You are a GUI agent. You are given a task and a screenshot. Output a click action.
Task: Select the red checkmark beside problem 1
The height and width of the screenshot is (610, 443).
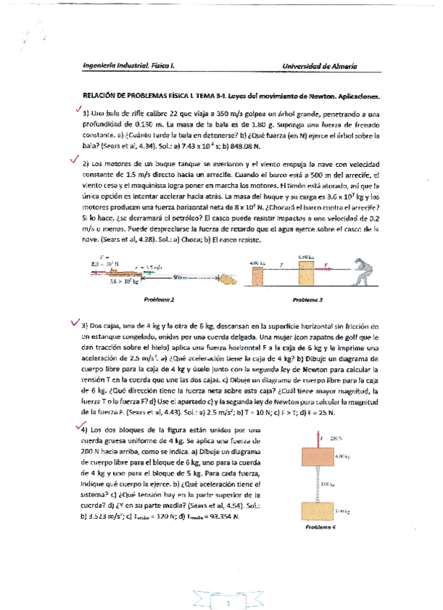[x=77, y=110]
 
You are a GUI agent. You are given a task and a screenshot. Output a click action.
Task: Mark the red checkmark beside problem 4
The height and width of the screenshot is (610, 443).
[x=80, y=427]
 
